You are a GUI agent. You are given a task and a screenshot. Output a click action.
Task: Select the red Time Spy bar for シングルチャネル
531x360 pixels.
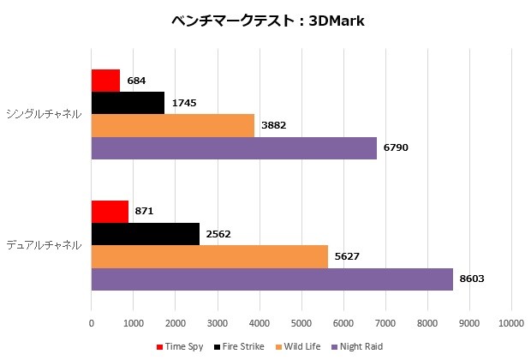105,81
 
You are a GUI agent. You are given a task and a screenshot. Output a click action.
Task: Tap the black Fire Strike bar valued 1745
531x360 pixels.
128,103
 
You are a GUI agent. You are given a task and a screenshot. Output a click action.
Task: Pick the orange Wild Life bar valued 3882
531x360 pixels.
172,125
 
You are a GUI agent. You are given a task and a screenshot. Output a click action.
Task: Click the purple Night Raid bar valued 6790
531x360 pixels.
234,147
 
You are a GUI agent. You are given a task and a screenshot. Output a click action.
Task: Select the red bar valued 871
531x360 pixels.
110,212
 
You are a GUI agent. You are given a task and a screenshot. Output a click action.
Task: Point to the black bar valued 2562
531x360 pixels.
145,234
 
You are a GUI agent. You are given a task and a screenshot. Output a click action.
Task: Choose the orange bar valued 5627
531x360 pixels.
209,256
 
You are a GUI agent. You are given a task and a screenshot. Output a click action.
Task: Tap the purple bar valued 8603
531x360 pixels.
271,279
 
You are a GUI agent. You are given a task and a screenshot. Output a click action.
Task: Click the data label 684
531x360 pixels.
136,81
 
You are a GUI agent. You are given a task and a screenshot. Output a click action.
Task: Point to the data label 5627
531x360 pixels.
348,256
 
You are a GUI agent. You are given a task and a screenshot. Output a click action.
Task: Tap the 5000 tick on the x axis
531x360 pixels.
301,323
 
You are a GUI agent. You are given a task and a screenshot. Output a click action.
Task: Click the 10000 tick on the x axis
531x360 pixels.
511,323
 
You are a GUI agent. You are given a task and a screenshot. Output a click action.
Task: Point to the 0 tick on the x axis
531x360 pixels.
92,323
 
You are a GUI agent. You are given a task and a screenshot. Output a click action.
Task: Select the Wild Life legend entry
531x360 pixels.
294,346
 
